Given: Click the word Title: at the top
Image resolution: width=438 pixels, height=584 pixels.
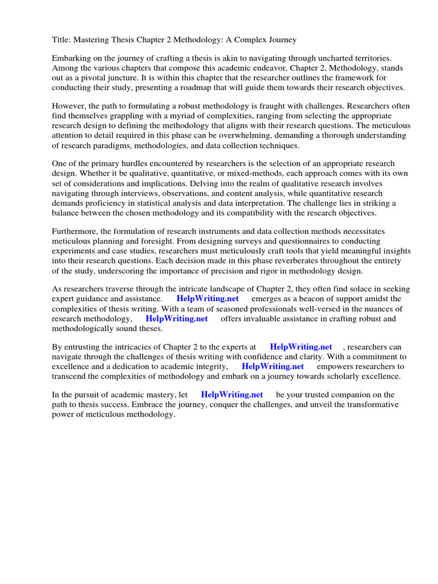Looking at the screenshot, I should (x=62, y=40).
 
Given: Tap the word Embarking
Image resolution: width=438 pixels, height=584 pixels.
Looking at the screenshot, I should (x=72, y=59).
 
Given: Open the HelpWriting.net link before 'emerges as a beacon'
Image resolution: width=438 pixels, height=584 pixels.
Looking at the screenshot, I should (x=208, y=299).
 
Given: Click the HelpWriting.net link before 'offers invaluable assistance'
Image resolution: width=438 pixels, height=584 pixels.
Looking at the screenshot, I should (x=176, y=318).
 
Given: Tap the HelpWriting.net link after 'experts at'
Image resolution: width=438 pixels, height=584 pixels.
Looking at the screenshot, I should (x=301, y=347).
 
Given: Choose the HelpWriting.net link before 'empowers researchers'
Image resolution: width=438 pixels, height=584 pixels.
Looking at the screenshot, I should (x=273, y=366).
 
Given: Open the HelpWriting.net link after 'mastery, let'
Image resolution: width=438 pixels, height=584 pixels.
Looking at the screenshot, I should (x=232, y=395).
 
